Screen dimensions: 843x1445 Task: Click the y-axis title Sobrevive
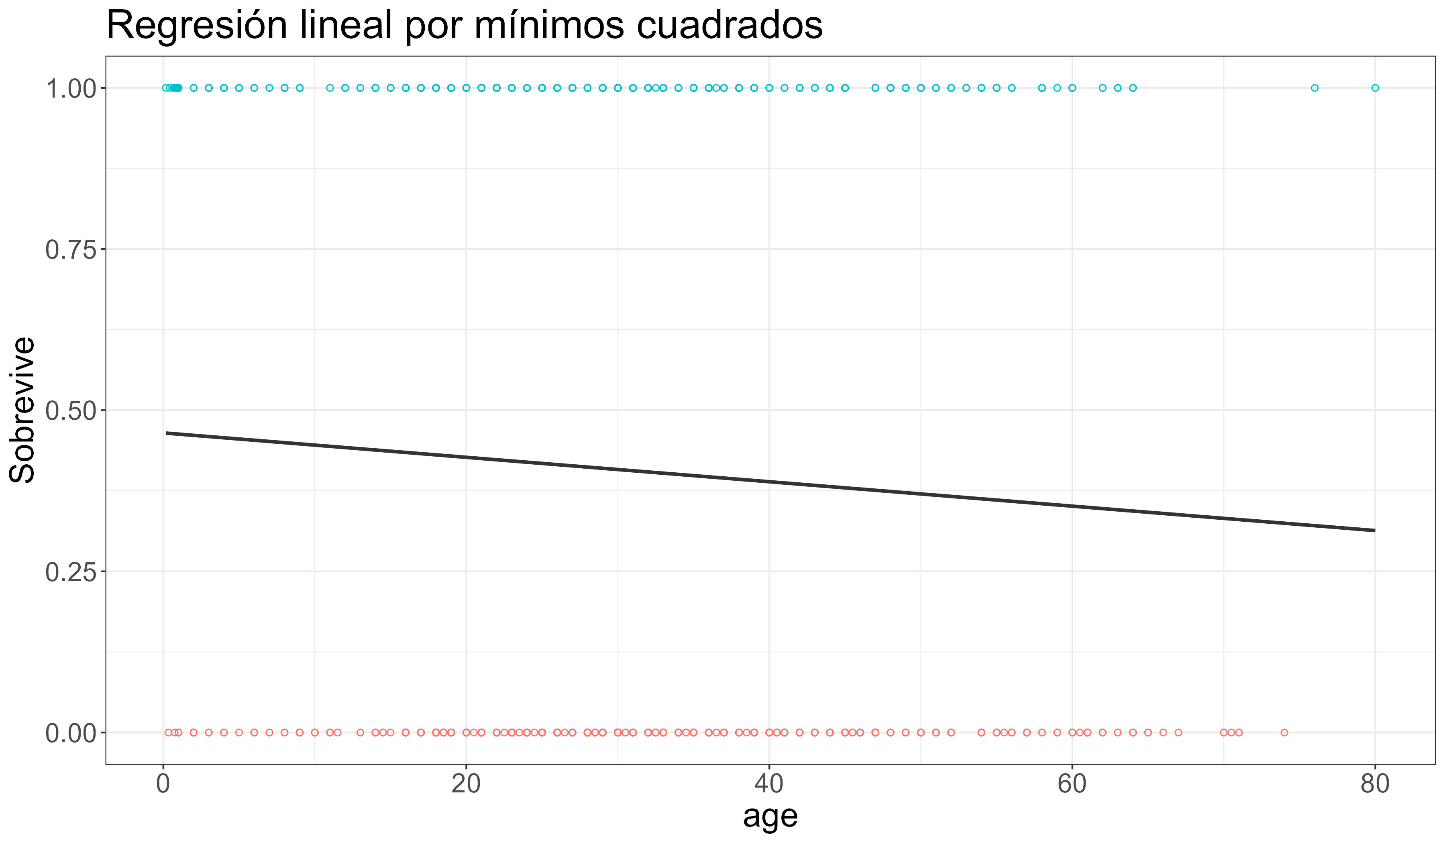tap(23, 410)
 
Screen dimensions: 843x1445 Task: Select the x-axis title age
tap(770, 816)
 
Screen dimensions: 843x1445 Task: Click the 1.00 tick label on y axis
tap(69, 89)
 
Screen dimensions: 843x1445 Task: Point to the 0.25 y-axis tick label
tap(69, 572)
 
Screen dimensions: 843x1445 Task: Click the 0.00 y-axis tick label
tap(69, 733)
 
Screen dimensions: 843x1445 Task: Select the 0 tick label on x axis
tap(163, 784)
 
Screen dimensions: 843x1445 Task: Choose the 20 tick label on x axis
tap(466, 784)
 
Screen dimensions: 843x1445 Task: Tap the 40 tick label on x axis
tap(769, 784)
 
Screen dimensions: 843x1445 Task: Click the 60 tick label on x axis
tap(1072, 784)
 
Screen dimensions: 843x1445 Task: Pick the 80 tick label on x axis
tap(1374, 784)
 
